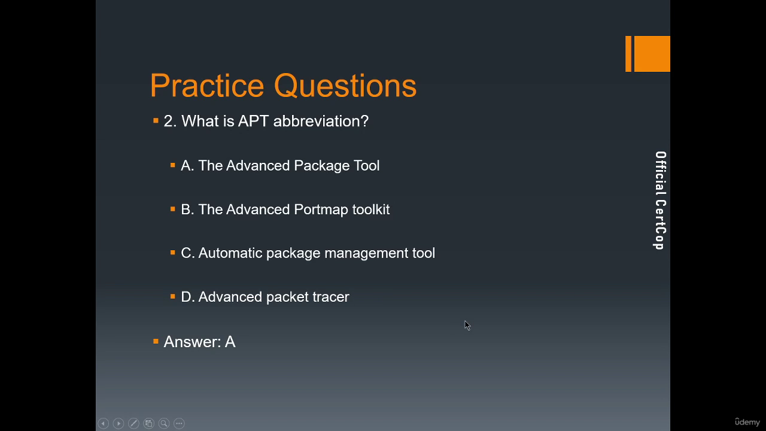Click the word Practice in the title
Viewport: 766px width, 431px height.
pyautogui.click(x=207, y=85)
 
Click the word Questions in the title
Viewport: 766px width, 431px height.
pyautogui.click(x=345, y=86)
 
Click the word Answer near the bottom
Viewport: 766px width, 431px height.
pyautogui.click(x=192, y=342)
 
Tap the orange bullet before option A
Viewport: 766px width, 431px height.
pyautogui.click(x=173, y=166)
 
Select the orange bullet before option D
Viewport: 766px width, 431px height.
pyautogui.click(x=173, y=296)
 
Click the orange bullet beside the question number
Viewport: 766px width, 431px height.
pyautogui.click(x=156, y=120)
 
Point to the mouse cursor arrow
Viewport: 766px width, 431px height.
pyautogui.click(x=467, y=326)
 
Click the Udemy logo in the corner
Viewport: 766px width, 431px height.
pyautogui.click(x=747, y=422)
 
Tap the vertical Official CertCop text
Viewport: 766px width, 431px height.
pyautogui.click(x=660, y=201)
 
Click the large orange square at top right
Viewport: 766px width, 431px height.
pyautogui.click(x=652, y=54)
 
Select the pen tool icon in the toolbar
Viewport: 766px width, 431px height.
pyautogui.click(x=133, y=423)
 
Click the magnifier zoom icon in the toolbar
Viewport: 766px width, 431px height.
pyautogui.click(x=164, y=423)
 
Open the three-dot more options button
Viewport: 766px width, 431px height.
pyautogui.click(x=179, y=423)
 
